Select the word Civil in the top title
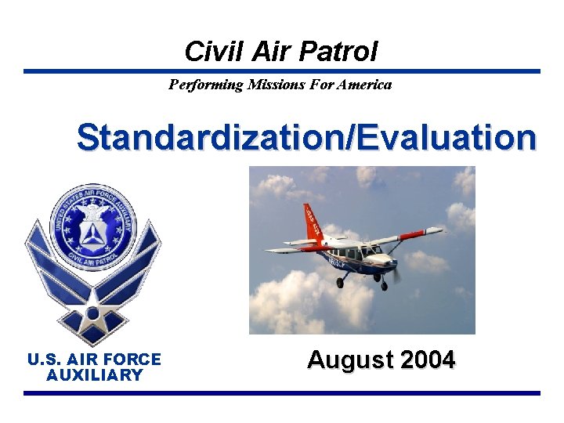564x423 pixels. tap(205, 52)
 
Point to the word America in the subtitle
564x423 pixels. tap(364, 85)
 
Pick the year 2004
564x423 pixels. tap(427, 360)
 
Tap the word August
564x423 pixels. tap(350, 360)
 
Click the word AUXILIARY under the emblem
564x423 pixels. tap(94, 375)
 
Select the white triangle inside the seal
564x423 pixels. tap(92, 232)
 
